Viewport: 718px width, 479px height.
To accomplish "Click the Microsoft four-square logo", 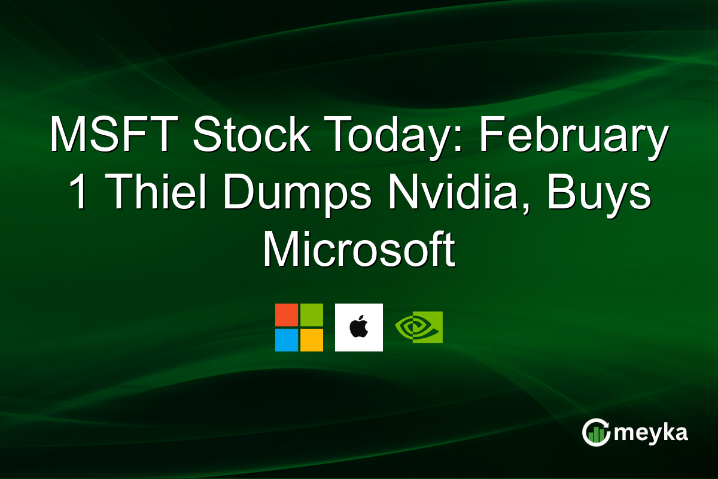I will (299, 328).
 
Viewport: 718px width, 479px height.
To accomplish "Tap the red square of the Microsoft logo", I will (287, 315).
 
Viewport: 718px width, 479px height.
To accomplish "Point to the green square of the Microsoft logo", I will (311, 315).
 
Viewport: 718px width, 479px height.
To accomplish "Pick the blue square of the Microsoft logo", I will (287, 339).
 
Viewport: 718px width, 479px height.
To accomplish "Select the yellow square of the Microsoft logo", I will (311, 339).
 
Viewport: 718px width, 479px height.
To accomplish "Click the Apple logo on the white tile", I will (359, 328).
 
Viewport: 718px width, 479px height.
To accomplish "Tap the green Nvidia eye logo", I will (419, 327).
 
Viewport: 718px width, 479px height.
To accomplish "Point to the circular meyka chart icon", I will (596, 432).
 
